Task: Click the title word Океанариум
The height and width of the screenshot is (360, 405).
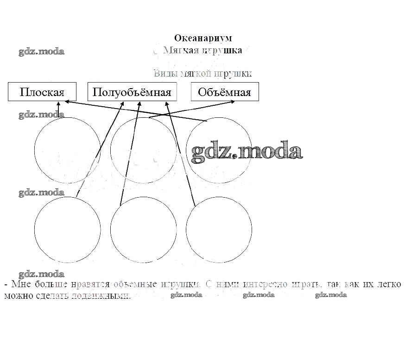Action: pos(202,38)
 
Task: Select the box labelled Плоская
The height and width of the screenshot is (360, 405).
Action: pos(42,92)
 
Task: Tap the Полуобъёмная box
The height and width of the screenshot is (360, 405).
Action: pos(132,92)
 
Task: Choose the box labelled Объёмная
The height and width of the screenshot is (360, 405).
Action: pos(224,92)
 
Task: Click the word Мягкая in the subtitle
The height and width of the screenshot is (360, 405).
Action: pos(180,50)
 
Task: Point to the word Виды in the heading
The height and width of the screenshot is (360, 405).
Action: pos(163,73)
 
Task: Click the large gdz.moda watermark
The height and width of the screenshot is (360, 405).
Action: pos(247,151)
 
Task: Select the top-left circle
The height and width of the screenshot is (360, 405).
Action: pos(67,150)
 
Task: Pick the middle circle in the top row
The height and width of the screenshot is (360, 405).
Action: pos(143,150)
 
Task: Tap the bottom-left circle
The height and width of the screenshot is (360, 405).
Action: pos(67,229)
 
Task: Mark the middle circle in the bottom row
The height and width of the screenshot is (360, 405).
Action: pos(143,229)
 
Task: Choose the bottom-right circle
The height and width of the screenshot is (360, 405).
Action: pos(222,229)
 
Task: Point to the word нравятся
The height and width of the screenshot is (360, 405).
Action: pos(91,284)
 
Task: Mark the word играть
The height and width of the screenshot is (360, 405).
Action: pos(304,284)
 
